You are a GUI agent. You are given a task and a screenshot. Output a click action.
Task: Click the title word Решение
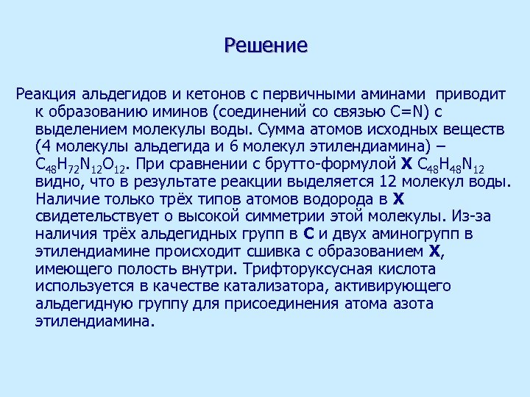click(x=266, y=46)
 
